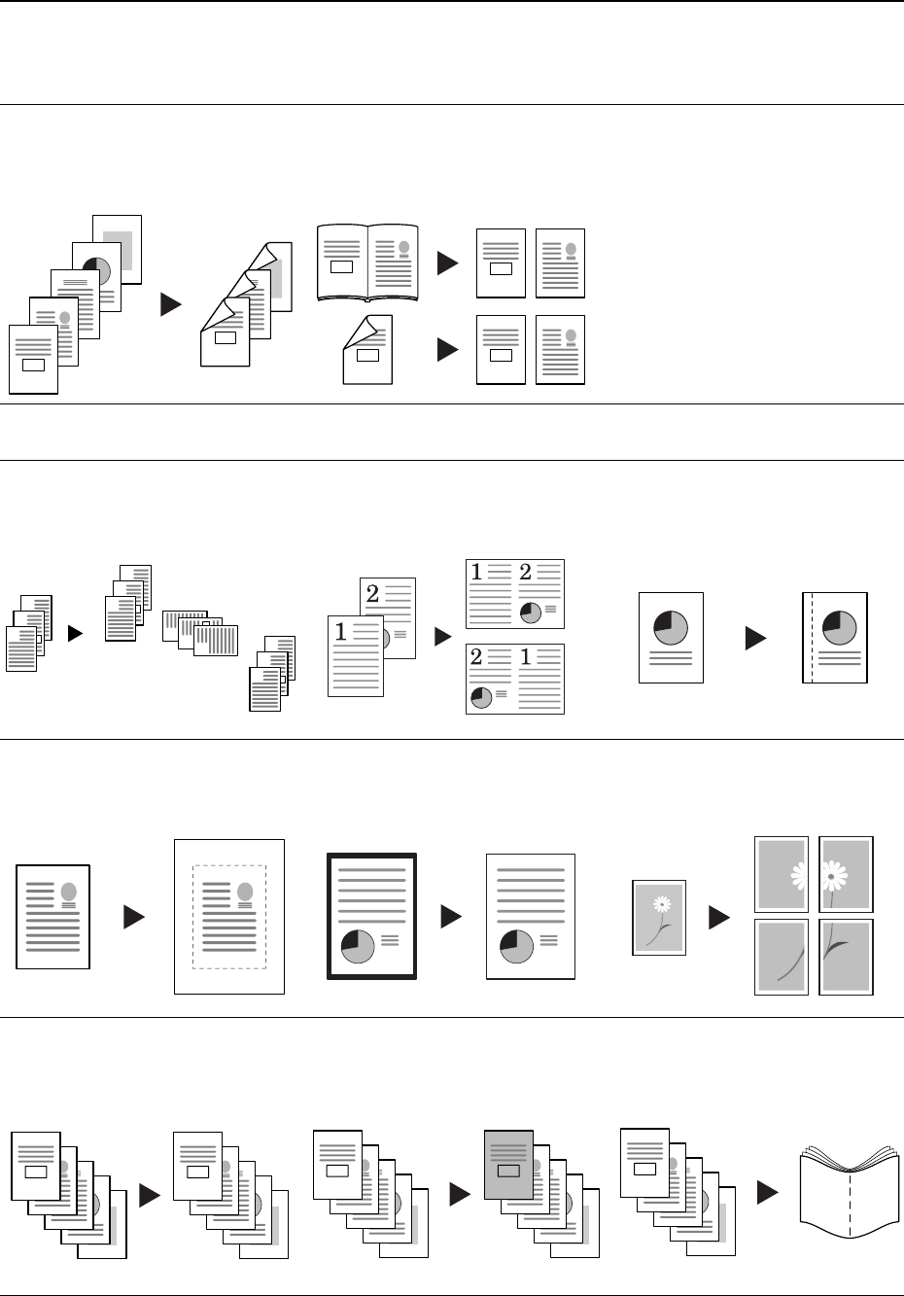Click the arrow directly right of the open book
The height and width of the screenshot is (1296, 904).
(x=447, y=263)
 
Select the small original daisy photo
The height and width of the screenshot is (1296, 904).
(x=659, y=917)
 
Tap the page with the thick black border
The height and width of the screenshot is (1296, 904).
(x=372, y=916)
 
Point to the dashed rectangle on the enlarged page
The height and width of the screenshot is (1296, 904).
(x=229, y=917)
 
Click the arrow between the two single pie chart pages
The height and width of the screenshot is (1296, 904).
(x=755, y=638)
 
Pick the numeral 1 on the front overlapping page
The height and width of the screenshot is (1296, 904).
(x=340, y=632)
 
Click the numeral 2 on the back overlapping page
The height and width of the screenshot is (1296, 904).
(x=372, y=592)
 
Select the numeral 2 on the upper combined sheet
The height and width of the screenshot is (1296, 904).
(x=526, y=573)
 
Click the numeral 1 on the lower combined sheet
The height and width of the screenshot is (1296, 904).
(x=526, y=658)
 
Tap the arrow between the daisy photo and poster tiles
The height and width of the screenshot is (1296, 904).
(x=719, y=917)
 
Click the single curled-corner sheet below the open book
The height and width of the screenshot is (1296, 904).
(x=367, y=350)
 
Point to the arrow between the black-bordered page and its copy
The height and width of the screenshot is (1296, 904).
(x=451, y=917)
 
